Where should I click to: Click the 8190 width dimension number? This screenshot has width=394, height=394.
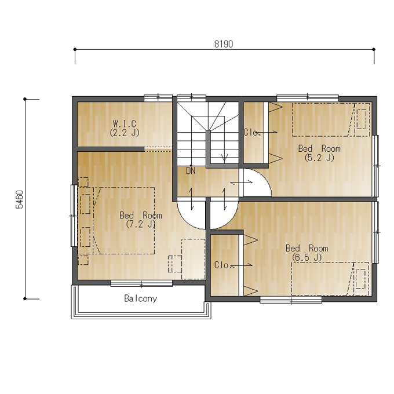[x=224, y=44]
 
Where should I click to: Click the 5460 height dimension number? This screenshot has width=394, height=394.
[x=19, y=199]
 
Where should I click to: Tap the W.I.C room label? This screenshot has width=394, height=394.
[x=125, y=123]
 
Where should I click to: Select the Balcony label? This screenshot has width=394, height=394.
[x=140, y=298]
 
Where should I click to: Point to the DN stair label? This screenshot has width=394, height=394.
[x=191, y=171]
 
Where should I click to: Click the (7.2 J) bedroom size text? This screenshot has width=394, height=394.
[x=141, y=224]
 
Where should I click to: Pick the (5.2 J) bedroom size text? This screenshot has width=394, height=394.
[x=319, y=158]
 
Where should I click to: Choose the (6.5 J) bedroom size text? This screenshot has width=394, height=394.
[x=307, y=257]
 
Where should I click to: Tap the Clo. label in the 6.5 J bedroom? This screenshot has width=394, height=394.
[x=222, y=265]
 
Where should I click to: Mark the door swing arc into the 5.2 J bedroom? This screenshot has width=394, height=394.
[x=263, y=176]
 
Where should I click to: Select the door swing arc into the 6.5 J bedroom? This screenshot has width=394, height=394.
[x=231, y=220]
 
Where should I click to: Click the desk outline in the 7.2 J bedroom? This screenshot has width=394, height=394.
[x=193, y=259]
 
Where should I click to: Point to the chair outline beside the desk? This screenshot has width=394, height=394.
[x=175, y=264]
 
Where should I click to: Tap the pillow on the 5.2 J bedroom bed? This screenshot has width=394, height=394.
[x=362, y=119]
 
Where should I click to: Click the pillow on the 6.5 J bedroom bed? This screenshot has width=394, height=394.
[x=361, y=279]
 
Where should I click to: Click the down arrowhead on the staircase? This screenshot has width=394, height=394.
[x=224, y=158]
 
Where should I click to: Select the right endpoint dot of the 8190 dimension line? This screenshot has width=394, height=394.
[x=374, y=49]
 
